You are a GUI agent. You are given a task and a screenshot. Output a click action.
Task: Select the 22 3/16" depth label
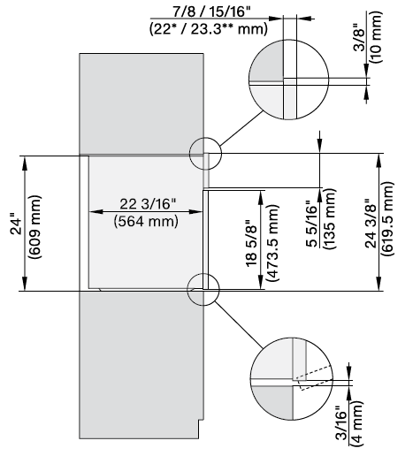[x=148, y=204]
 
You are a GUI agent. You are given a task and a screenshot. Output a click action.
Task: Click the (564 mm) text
[x=147, y=221]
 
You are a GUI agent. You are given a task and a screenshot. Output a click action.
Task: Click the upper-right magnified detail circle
[x=283, y=82]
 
